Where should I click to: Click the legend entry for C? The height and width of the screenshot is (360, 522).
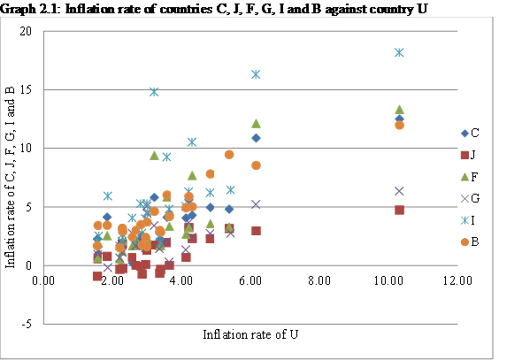point(470,133)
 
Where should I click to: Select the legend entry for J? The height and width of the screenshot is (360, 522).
point(470,156)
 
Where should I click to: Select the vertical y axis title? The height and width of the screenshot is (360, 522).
point(12,172)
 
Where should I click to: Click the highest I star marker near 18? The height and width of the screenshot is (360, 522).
point(399,52)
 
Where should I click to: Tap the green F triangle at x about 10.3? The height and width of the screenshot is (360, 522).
point(399,110)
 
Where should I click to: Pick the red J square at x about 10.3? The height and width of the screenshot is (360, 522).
point(399,210)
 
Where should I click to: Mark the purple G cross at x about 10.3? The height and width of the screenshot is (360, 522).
point(399,191)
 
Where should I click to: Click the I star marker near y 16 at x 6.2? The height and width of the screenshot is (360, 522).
point(256,74)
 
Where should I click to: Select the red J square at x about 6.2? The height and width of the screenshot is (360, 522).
point(256,230)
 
